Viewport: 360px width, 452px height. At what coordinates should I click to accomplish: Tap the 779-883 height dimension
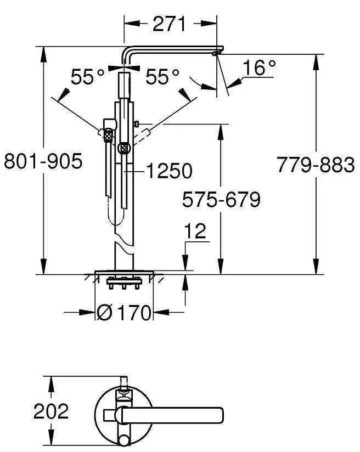(x=315, y=164)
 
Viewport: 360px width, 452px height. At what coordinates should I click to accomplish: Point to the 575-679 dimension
(x=221, y=200)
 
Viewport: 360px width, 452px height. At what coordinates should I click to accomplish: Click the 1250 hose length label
(x=169, y=171)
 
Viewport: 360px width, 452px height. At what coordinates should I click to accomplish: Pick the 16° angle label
(x=258, y=68)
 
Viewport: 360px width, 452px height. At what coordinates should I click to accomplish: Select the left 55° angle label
(x=87, y=77)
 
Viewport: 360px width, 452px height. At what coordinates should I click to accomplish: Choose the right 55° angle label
(x=162, y=77)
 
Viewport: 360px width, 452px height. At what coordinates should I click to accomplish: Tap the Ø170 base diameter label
(x=124, y=313)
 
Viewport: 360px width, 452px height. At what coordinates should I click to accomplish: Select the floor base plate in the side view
(x=124, y=273)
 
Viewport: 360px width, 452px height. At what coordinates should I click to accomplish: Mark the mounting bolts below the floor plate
(x=124, y=284)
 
